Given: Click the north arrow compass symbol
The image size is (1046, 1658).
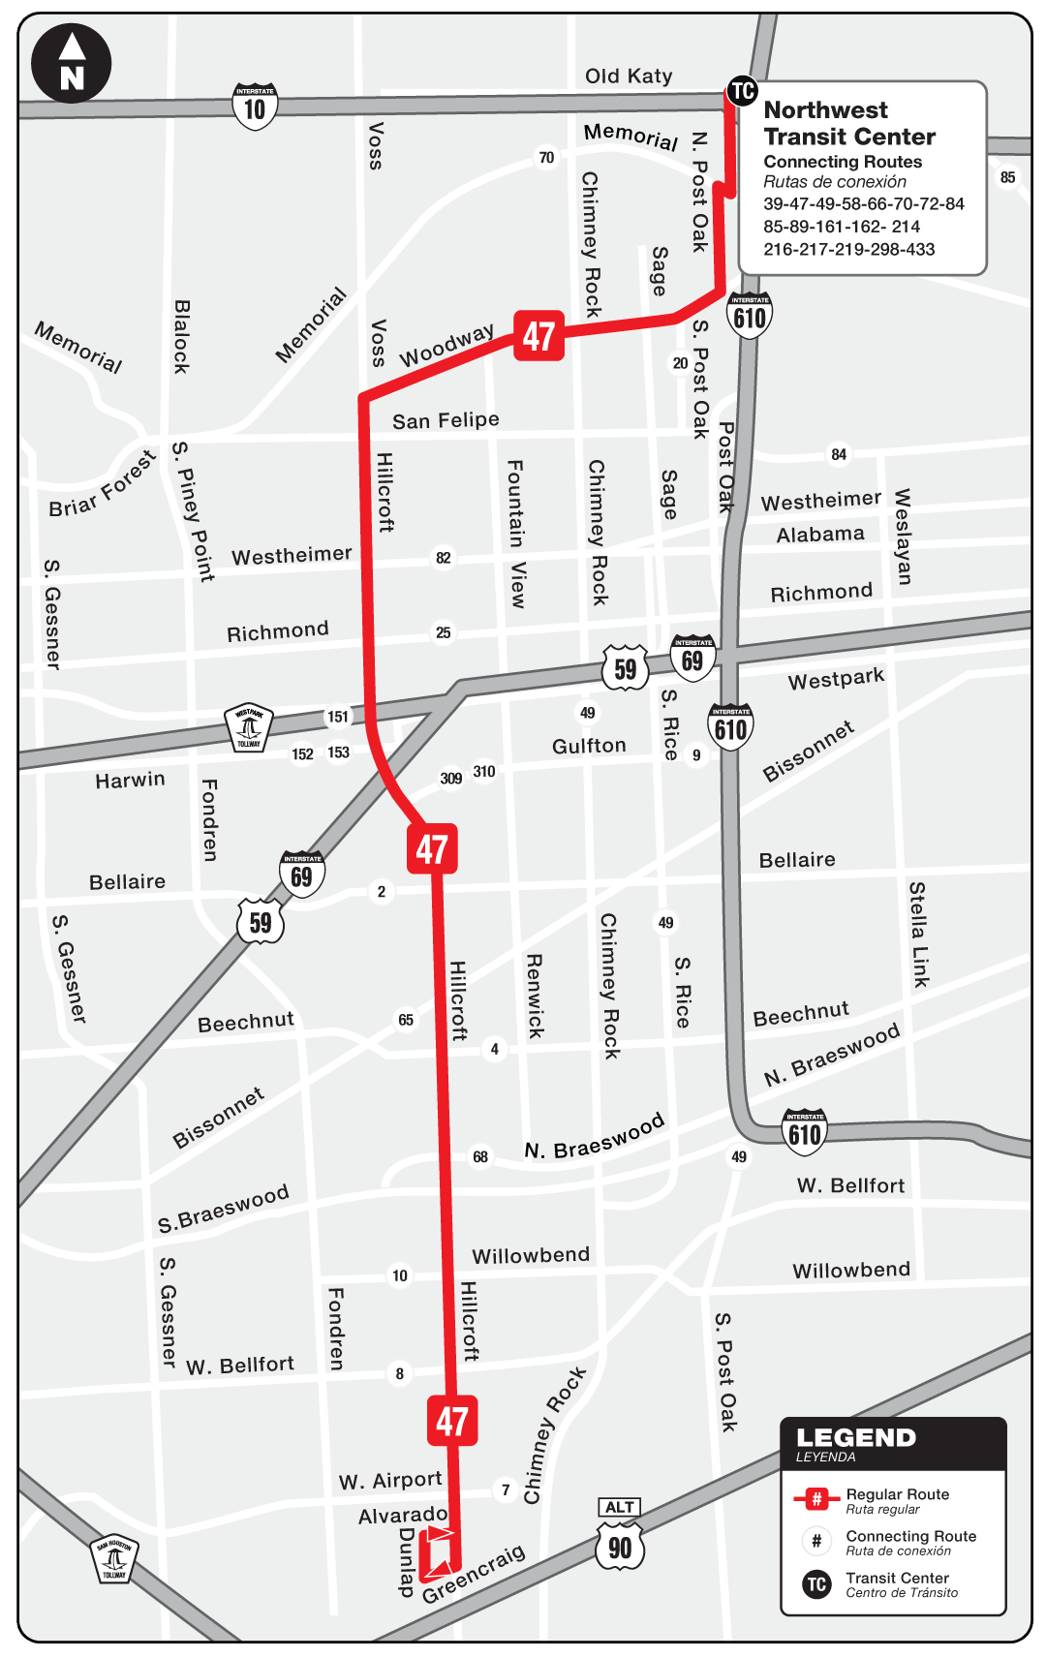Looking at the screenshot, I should tap(72, 63).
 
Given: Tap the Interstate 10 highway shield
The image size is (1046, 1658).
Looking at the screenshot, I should tap(255, 107).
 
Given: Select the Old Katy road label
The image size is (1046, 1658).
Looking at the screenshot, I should tap(629, 76).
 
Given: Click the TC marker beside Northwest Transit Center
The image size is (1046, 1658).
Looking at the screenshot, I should tap(742, 91).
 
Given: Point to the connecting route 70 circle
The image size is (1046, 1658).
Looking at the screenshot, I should tap(546, 158).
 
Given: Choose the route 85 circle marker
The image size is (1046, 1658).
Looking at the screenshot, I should tap(1008, 177).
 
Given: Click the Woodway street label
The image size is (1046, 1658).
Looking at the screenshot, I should tap(446, 345).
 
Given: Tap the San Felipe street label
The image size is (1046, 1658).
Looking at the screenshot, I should tap(446, 420).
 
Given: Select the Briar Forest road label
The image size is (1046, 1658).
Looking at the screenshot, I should tap(102, 483).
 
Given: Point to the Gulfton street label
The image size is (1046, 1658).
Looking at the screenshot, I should tap(589, 746).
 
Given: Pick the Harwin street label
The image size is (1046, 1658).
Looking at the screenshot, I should tap(130, 780).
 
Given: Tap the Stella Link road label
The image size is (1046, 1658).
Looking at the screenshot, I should tap(918, 935).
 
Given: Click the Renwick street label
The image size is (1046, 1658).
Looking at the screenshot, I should tap(534, 997).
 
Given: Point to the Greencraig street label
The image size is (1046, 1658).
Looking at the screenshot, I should tap(474, 1574).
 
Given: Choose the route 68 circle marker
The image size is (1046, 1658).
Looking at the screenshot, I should tap(480, 1156).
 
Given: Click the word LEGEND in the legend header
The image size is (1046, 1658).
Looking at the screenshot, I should tap(855, 1438).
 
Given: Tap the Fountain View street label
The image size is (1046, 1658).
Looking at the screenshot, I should tap(516, 534).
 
